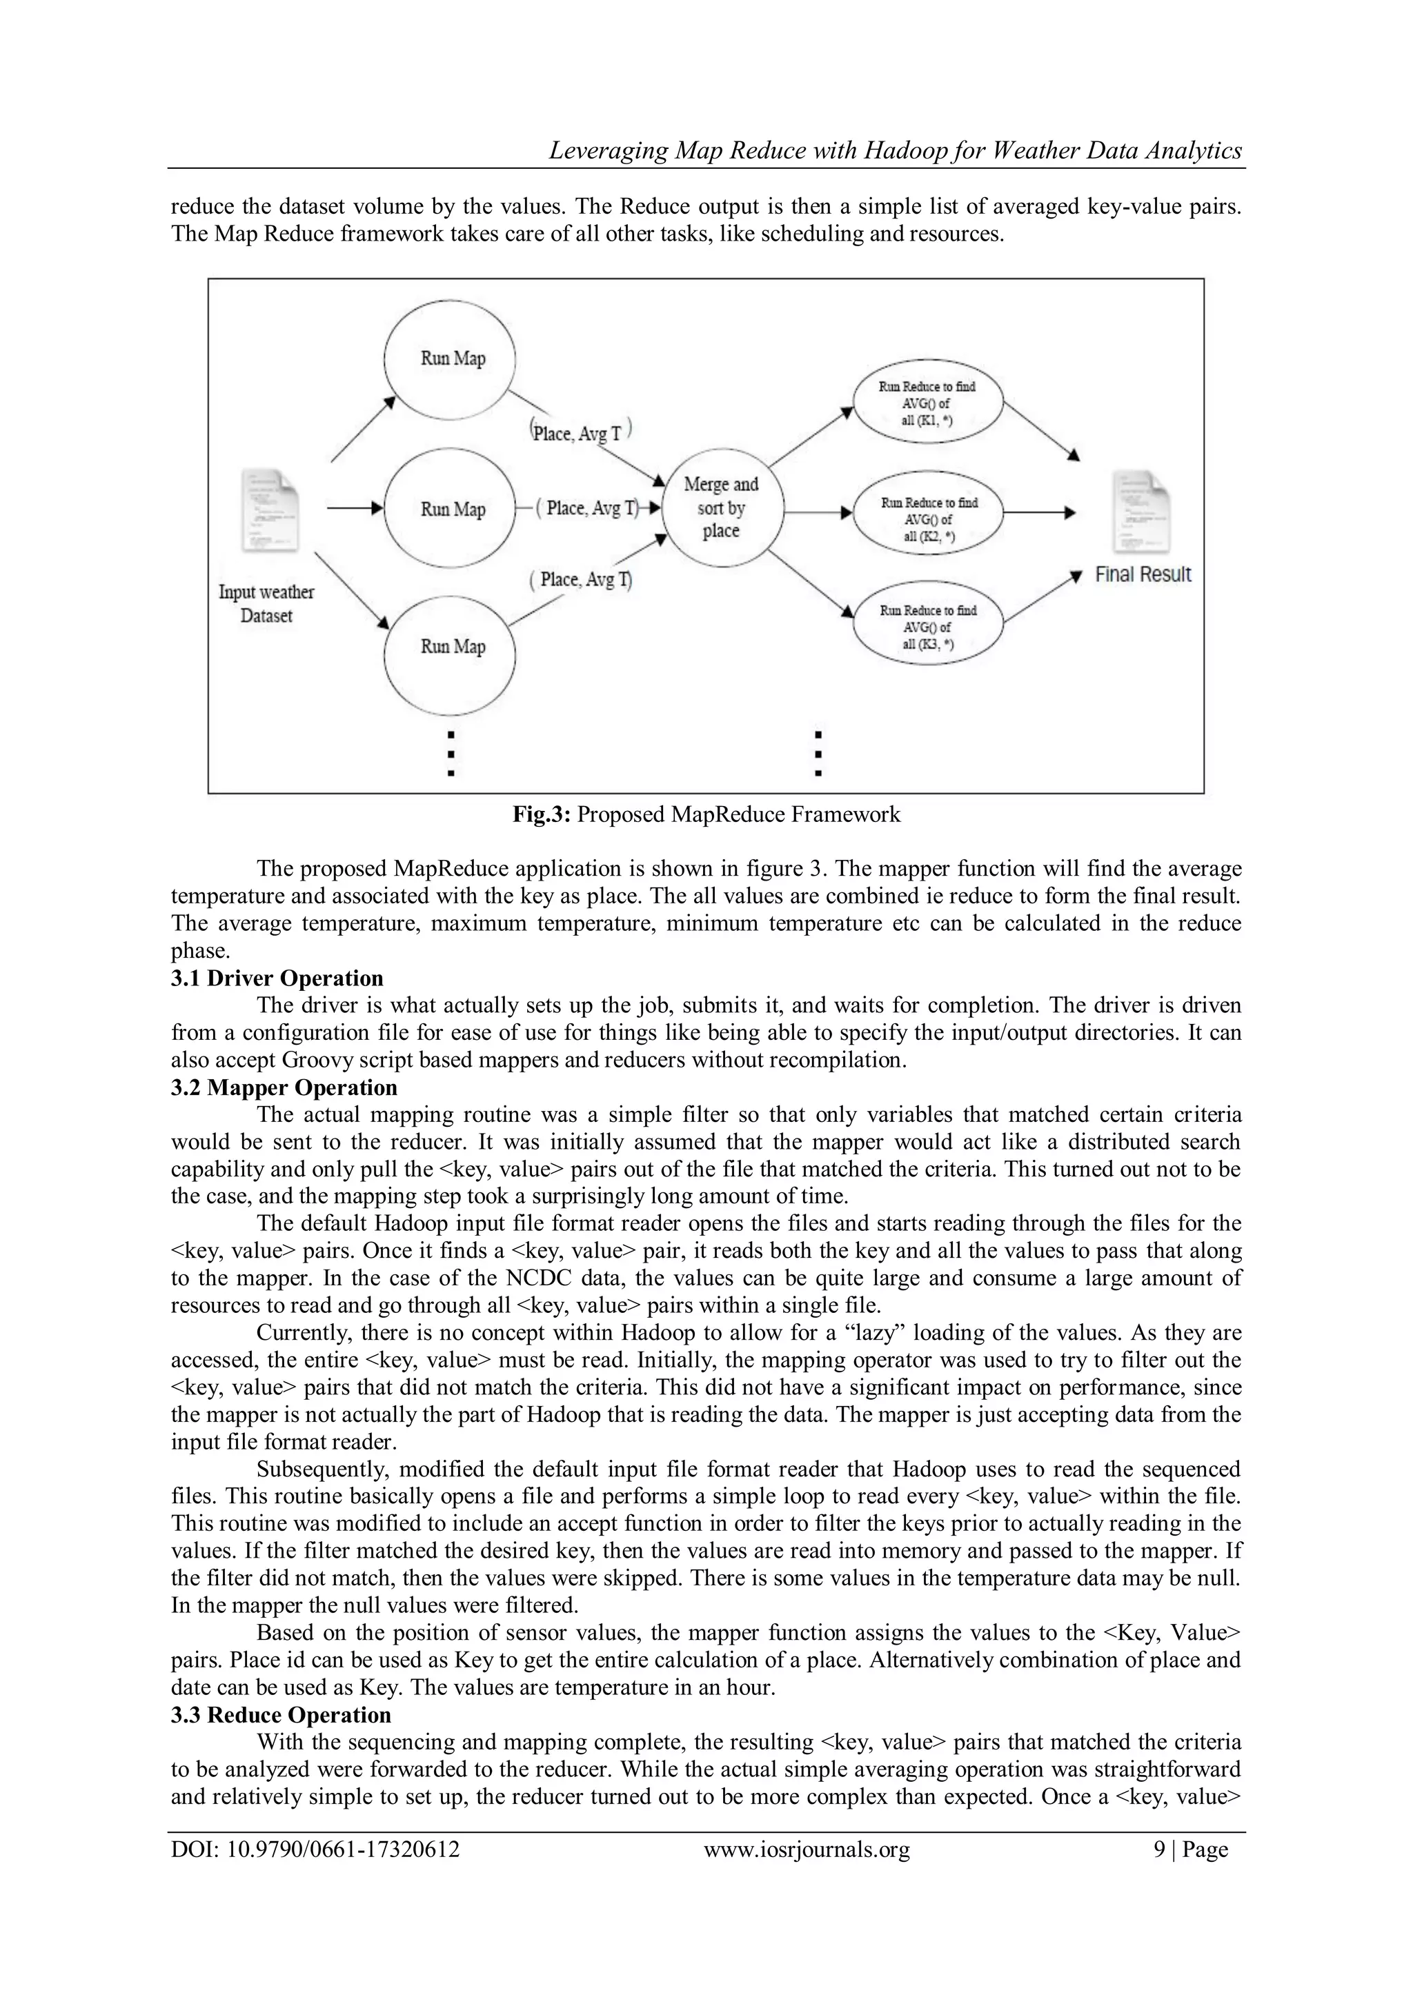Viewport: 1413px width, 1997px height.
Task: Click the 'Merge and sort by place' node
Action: click(721, 508)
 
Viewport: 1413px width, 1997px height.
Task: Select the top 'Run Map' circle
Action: click(451, 359)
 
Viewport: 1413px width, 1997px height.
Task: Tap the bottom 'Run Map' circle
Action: click(451, 646)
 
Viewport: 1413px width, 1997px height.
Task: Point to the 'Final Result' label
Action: click(1142, 575)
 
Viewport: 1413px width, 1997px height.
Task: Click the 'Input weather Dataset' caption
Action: click(266, 603)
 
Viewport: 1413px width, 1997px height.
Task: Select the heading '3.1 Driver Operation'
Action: click(277, 979)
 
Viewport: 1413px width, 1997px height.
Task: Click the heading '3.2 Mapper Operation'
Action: click(284, 1088)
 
